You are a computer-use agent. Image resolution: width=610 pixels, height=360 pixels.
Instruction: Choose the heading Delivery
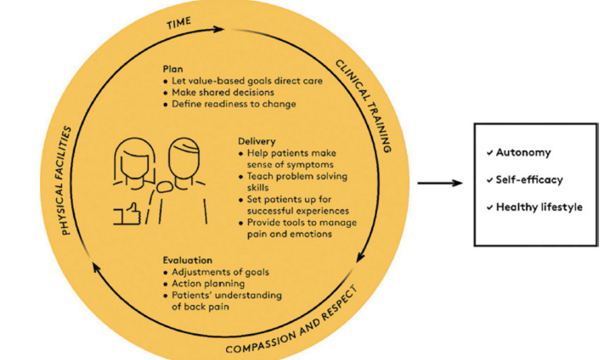(256, 141)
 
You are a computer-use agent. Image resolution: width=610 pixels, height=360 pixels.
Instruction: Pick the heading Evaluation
(187, 260)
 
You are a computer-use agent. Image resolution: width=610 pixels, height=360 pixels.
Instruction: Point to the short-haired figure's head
(182, 155)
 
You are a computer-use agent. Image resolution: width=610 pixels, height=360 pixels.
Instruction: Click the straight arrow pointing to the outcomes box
(439, 183)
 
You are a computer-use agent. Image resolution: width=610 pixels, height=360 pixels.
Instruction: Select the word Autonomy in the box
(523, 152)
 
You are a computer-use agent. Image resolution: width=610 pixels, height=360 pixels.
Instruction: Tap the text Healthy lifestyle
(538, 207)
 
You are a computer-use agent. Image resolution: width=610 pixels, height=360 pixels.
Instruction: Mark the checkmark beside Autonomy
(489, 153)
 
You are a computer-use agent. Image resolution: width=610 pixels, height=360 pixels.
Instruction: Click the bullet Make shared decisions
(222, 92)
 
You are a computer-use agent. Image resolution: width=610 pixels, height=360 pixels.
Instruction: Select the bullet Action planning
(208, 283)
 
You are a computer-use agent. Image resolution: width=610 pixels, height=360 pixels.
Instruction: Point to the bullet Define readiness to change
(233, 104)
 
